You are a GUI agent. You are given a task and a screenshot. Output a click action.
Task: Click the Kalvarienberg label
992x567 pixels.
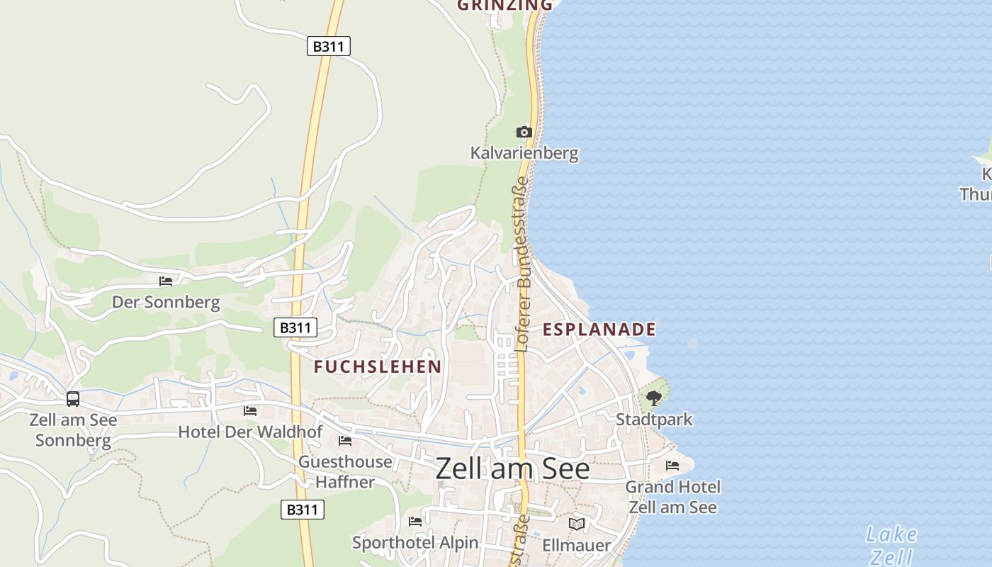pos(524,153)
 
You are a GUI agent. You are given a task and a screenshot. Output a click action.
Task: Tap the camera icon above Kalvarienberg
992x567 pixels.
pos(524,132)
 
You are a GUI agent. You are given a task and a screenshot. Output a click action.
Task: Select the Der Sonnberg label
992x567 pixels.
pos(166,303)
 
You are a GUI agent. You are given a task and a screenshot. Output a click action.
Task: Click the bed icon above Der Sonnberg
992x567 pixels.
pos(166,281)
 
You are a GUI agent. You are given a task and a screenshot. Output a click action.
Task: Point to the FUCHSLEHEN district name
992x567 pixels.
pos(378,366)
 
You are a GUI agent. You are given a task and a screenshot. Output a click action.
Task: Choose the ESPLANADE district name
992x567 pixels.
pos(599,330)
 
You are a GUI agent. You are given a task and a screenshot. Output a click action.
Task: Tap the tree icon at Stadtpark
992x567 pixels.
pos(654,398)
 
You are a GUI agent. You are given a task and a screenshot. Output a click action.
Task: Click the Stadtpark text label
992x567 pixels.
pos(654,420)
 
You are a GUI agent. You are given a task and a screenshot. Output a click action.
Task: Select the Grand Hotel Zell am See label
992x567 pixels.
pos(672,497)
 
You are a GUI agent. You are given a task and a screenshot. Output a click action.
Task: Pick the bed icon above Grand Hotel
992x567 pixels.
pos(672,466)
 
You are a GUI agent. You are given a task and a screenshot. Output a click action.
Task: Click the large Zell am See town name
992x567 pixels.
pos(512,469)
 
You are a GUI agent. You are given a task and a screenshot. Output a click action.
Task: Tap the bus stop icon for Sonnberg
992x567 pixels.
pos(73,399)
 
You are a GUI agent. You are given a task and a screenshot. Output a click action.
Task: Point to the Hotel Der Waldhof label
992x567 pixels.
pos(250,432)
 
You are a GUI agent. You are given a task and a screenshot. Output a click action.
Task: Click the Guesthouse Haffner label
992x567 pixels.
pos(345,472)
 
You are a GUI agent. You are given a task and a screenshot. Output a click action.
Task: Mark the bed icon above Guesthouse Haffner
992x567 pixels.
pos(345,441)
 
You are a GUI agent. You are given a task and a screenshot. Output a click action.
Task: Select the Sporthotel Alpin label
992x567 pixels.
pos(415,543)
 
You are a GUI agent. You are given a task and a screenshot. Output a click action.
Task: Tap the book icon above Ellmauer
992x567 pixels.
pos(577,524)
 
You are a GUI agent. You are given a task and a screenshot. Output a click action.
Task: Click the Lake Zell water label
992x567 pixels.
pos(891,545)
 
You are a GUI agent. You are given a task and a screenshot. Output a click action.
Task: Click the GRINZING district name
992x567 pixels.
pos(505,6)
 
